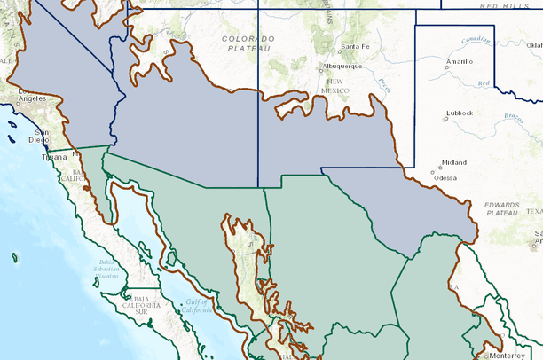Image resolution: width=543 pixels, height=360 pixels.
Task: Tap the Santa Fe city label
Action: tap(355, 46)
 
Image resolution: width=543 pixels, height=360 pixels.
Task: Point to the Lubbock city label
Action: tap(460, 113)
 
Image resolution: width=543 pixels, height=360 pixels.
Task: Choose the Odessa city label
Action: tap(445, 177)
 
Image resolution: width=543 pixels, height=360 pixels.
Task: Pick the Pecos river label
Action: tap(382, 85)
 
